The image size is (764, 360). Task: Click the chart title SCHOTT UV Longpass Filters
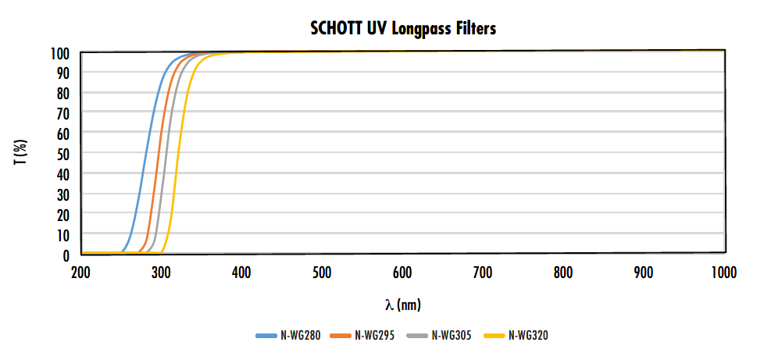[x=404, y=29]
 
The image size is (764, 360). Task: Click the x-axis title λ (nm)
[x=402, y=304]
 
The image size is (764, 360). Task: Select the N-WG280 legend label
[x=299, y=336]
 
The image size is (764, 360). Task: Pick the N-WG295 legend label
[x=375, y=336]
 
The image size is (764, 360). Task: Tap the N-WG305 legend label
[x=452, y=336]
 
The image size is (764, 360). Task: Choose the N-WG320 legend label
[x=528, y=336]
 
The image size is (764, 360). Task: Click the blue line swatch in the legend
[x=266, y=336]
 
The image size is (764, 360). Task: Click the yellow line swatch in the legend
[x=495, y=336]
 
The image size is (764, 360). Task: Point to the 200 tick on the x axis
[x=81, y=273]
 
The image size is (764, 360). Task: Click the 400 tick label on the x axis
[x=241, y=273]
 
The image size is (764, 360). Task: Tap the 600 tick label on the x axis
[x=402, y=273]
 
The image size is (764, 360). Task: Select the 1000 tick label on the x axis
[x=724, y=273]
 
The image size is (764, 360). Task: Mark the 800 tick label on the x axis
[x=563, y=273]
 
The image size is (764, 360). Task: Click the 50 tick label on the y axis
[x=64, y=154]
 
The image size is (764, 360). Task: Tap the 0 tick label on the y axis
[x=67, y=255]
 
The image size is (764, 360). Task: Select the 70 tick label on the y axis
[x=64, y=113]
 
